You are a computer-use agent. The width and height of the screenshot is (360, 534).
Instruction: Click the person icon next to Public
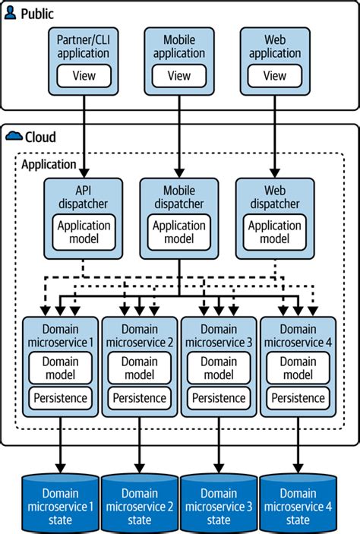[11, 13]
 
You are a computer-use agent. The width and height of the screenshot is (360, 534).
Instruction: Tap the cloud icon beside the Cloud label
[13, 137]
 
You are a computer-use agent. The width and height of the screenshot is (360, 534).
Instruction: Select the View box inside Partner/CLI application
[83, 75]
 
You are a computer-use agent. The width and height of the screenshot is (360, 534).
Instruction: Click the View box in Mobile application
[179, 75]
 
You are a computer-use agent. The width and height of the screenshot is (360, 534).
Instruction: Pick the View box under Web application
[276, 75]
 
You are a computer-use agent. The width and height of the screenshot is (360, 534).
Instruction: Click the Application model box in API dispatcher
[83, 231]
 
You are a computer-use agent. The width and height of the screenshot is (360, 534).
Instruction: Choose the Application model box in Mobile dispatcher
[179, 231]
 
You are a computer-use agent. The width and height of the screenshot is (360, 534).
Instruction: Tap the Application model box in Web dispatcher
[276, 231]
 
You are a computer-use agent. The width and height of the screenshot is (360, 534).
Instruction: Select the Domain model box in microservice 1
[60, 368]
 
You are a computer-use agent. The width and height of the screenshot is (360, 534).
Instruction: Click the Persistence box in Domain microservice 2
[139, 397]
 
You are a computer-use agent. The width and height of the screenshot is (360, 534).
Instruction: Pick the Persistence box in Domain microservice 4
[298, 397]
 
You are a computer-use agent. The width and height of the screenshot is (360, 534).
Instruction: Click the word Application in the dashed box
[49, 163]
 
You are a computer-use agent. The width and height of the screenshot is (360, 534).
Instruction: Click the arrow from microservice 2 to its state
[139, 448]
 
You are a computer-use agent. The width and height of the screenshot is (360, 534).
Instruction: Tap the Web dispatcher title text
[276, 197]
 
